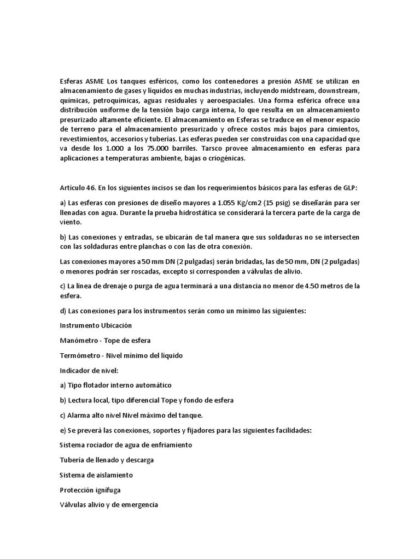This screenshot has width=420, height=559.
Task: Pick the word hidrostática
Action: pyautogui.click(x=197, y=213)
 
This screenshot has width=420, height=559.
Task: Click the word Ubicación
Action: pyautogui.click(x=113, y=326)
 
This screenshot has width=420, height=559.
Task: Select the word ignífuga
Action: pyautogui.click(x=109, y=490)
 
